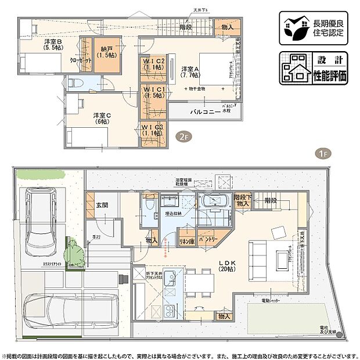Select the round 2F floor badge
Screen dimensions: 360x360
(x=183, y=137)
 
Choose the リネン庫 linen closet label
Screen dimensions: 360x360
(x=186, y=239)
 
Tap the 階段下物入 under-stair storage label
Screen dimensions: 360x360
(x=243, y=200)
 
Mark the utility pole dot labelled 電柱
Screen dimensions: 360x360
(x=339, y=333)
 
